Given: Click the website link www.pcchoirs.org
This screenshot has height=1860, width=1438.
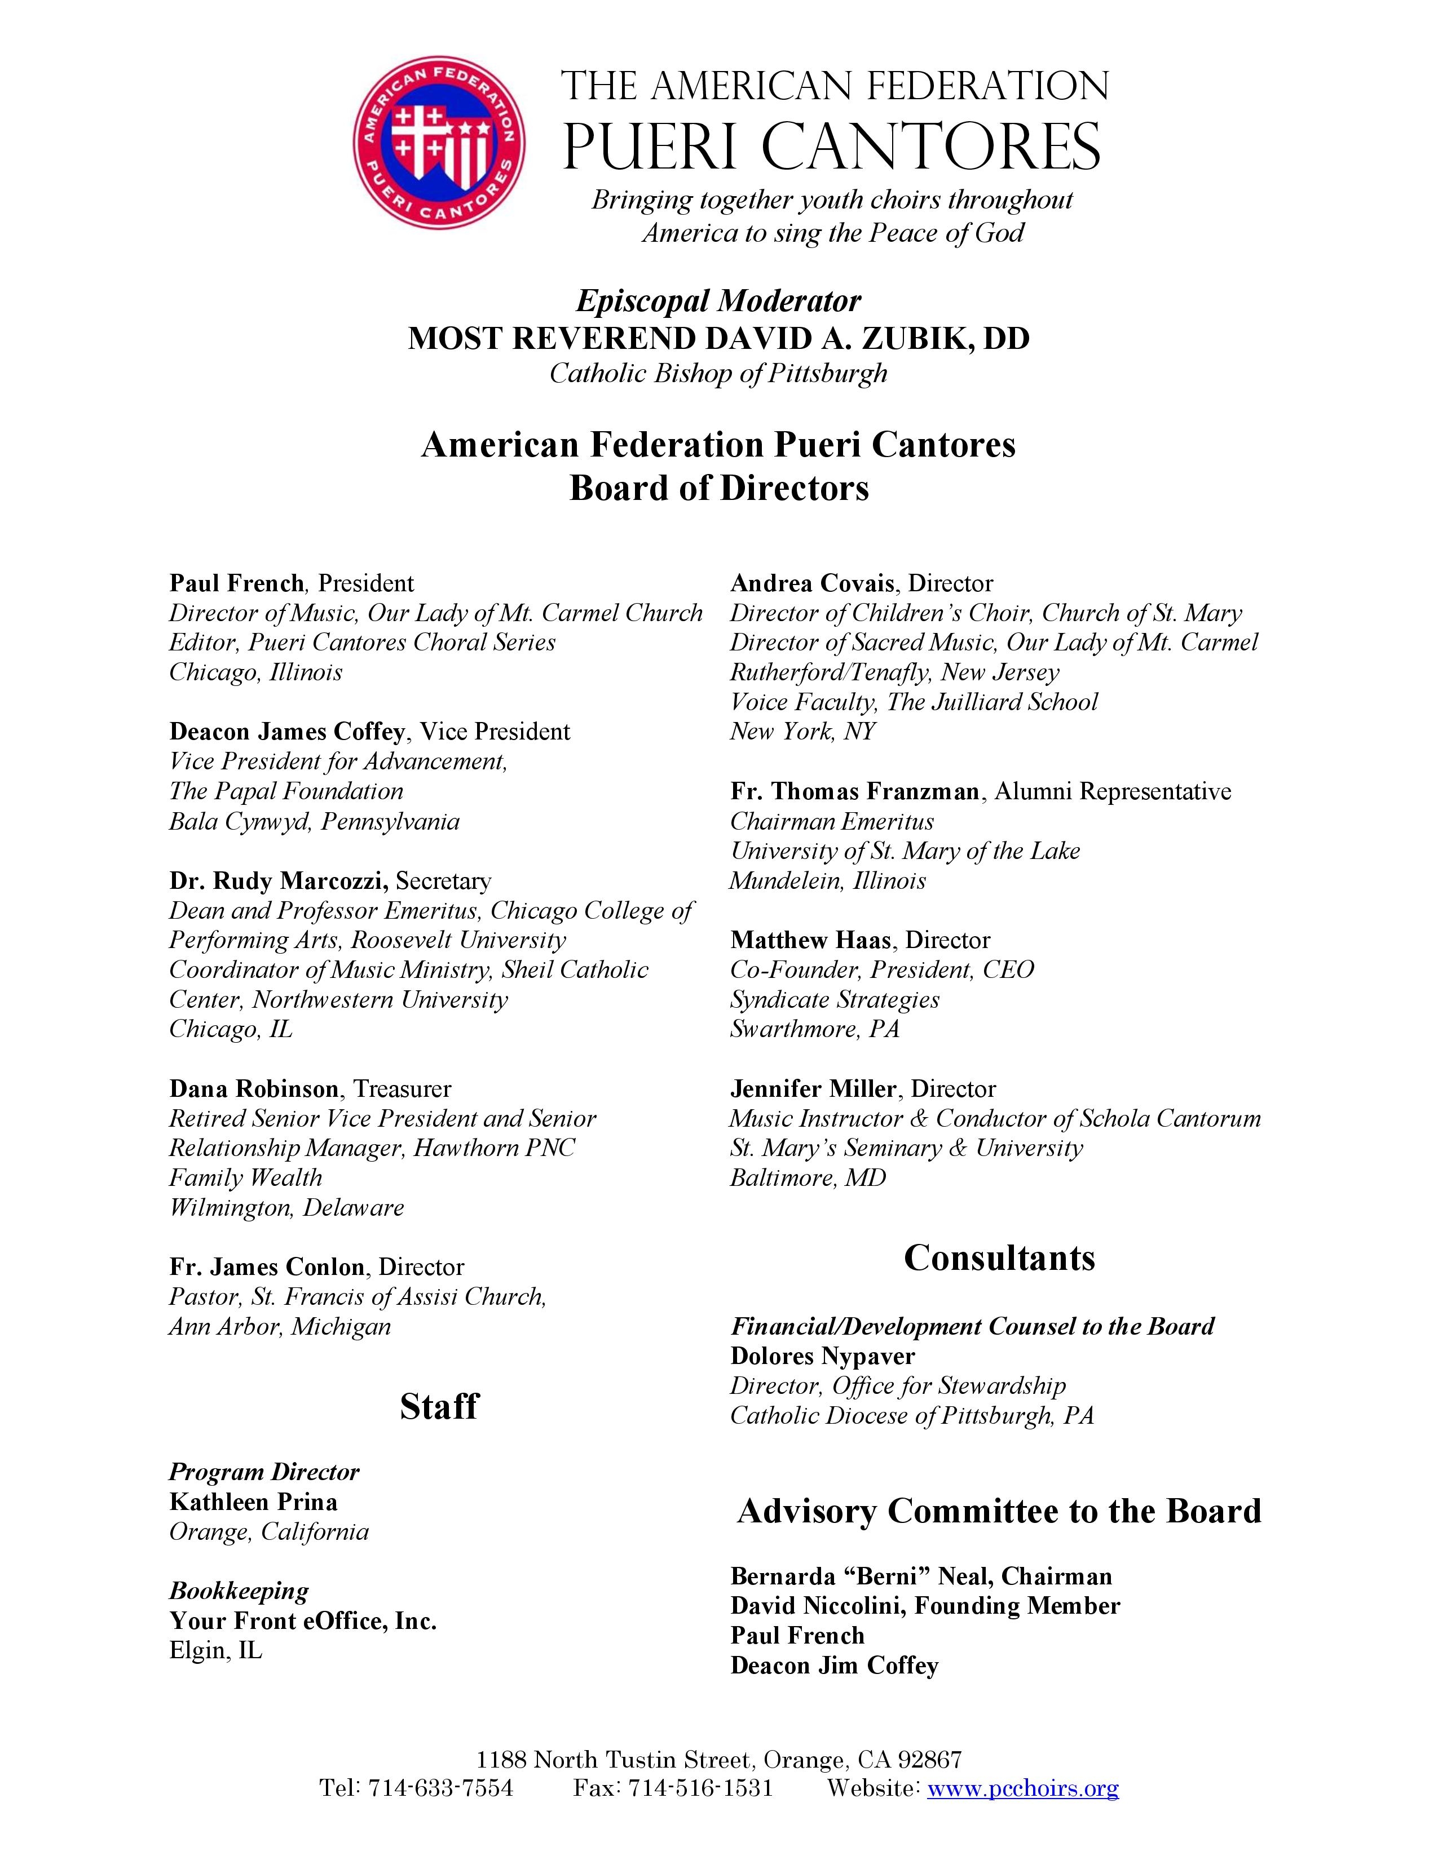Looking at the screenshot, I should pyautogui.click(x=1022, y=1788).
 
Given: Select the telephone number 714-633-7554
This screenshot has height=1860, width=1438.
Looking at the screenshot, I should pyautogui.click(x=440, y=1788).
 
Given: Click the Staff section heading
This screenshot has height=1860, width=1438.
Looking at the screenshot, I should pyautogui.click(x=439, y=1406).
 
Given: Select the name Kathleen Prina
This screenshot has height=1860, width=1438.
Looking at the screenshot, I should pyautogui.click(x=253, y=1502).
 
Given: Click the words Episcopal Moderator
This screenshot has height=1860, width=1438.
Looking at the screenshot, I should pyautogui.click(x=718, y=300).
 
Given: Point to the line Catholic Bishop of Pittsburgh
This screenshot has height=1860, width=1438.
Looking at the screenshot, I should pyautogui.click(x=718, y=373).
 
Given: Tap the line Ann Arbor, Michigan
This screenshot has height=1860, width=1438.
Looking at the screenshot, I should pyautogui.click(x=279, y=1326).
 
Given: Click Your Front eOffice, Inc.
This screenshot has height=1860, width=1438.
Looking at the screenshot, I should pyautogui.click(x=302, y=1620).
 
